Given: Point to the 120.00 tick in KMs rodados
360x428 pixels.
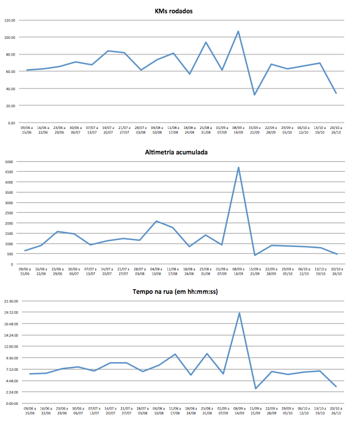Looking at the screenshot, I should (9, 20).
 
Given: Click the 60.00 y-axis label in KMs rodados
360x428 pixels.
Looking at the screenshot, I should (10, 72).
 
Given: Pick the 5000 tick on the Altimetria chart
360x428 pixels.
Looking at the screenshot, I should (9, 162).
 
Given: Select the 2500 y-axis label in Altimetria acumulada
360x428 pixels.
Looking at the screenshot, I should (9, 213).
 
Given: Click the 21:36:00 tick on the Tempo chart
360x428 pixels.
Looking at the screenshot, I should (12, 301).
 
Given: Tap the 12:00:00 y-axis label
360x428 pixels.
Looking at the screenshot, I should (12, 346).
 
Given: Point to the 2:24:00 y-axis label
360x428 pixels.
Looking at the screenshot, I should (13, 392).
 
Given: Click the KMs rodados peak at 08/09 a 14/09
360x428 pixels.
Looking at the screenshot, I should (238, 31).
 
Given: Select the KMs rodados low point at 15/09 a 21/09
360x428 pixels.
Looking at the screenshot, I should (255, 95).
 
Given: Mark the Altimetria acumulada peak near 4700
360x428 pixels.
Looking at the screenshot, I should (238, 168).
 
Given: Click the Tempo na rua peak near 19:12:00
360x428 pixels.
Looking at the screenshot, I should (239, 313).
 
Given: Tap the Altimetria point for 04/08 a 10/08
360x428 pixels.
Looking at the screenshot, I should (156, 221).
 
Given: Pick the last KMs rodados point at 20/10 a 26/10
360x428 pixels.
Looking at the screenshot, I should (336, 93).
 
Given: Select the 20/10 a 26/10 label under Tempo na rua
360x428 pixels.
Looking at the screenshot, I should (336, 411).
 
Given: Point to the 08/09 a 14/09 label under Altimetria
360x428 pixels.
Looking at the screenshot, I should (238, 271).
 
